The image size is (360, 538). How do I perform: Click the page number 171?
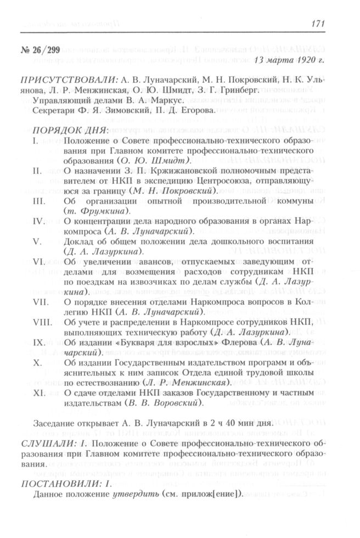coord(318,24)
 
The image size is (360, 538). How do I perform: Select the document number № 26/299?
coord(38,48)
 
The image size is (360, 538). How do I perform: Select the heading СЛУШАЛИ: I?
coord(53,442)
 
